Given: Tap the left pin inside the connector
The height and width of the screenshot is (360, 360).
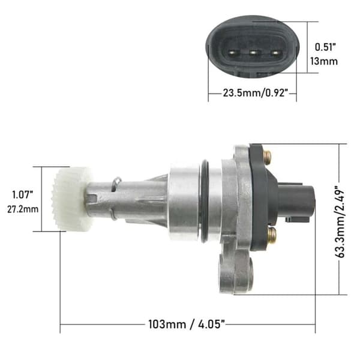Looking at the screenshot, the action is [232, 53].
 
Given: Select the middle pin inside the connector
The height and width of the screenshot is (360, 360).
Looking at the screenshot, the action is [253, 53].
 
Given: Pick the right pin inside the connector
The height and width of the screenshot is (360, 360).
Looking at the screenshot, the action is [275, 53].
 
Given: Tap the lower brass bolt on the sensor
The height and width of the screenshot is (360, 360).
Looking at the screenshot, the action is [272, 234].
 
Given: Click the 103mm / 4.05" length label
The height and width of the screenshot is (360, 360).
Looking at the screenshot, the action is [187, 324].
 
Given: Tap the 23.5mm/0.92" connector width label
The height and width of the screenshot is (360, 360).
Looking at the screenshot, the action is [256, 93].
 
